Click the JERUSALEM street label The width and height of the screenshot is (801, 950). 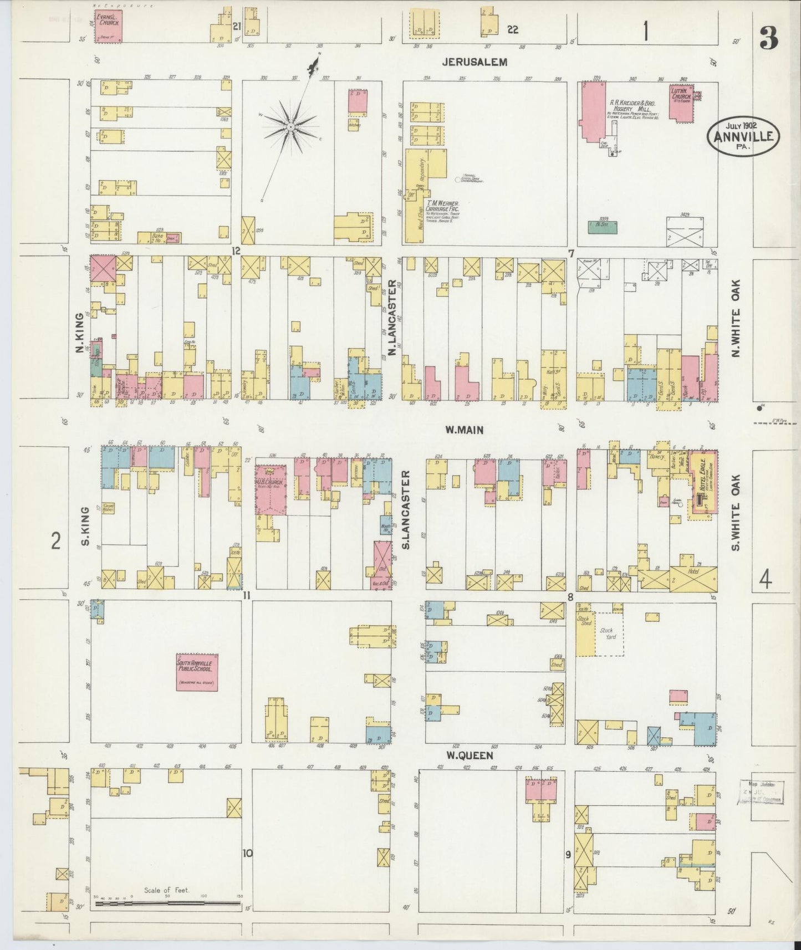pyautogui.click(x=476, y=63)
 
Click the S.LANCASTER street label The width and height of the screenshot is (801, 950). pyautogui.click(x=406, y=510)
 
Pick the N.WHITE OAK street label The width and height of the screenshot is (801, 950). pyautogui.click(x=736, y=318)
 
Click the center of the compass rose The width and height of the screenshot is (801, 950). pyautogui.click(x=290, y=127)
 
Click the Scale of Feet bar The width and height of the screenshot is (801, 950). pyautogui.click(x=167, y=903)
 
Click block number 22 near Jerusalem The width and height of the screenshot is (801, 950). pyautogui.click(x=512, y=30)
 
